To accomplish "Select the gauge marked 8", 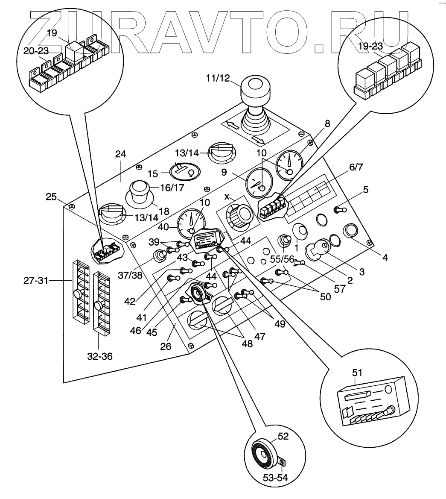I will pyautogui.click(x=289, y=163).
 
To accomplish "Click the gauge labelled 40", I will pyautogui.click(x=191, y=222).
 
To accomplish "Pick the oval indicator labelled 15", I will pyautogui.click(x=186, y=172).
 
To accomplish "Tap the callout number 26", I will pyautogui.click(x=166, y=346).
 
